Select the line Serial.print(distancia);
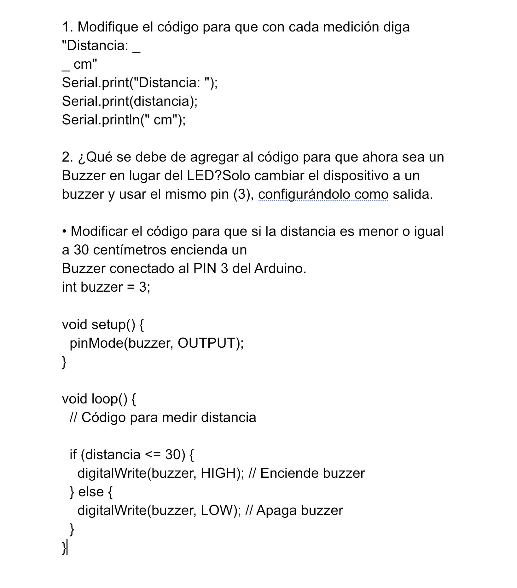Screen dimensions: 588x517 pos(130,101)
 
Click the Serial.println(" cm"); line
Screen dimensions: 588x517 pos(124,120)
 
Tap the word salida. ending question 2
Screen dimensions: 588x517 pos(413,194)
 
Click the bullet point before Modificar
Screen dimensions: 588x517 pos(64,232)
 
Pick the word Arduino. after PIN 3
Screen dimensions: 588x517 pos(280,269)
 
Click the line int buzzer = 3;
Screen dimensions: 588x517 pos(106,287)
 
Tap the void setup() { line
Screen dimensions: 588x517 pos(103,325)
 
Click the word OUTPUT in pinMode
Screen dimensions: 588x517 pos(206,343)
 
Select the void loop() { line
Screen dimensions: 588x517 pos(99,399)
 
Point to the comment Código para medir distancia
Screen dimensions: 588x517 pos(168,418)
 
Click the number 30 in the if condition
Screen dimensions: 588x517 pos(172,455)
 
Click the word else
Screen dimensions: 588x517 pos(91,492)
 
